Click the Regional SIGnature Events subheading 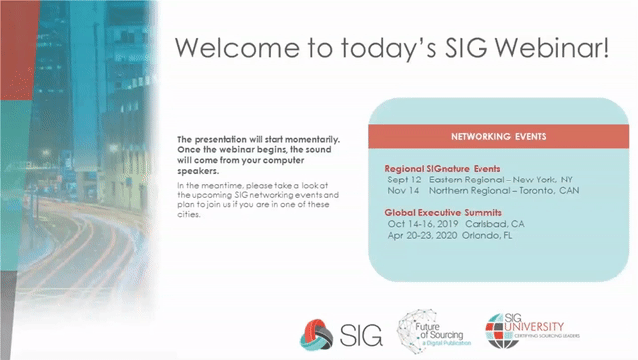(x=442, y=169)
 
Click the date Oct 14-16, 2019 (x=421, y=224)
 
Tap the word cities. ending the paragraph (x=190, y=215)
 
